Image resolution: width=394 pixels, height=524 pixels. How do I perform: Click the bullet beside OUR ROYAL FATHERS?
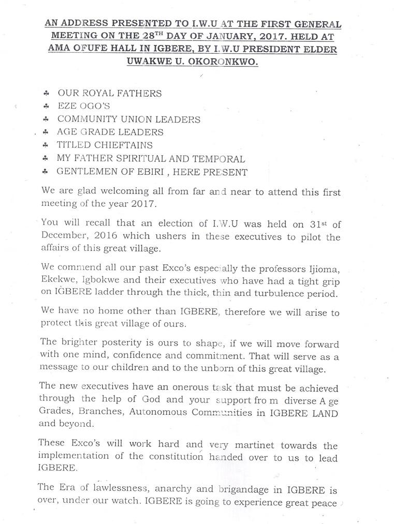[46, 94]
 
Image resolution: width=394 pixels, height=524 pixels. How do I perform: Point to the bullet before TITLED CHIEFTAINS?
[46, 145]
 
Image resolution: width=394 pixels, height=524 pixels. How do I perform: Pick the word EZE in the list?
[67, 107]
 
